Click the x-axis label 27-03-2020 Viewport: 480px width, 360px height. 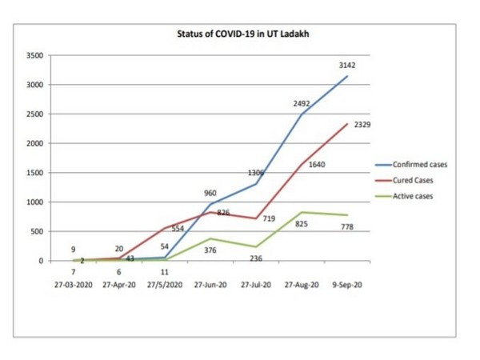(73, 284)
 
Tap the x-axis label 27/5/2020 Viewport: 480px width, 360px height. (166, 284)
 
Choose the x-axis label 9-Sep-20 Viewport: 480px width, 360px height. (348, 284)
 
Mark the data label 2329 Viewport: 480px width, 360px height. (361, 126)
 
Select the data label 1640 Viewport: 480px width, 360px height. (317, 165)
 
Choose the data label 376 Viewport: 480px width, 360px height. (210, 250)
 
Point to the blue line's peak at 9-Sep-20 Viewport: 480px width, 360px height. (347, 77)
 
